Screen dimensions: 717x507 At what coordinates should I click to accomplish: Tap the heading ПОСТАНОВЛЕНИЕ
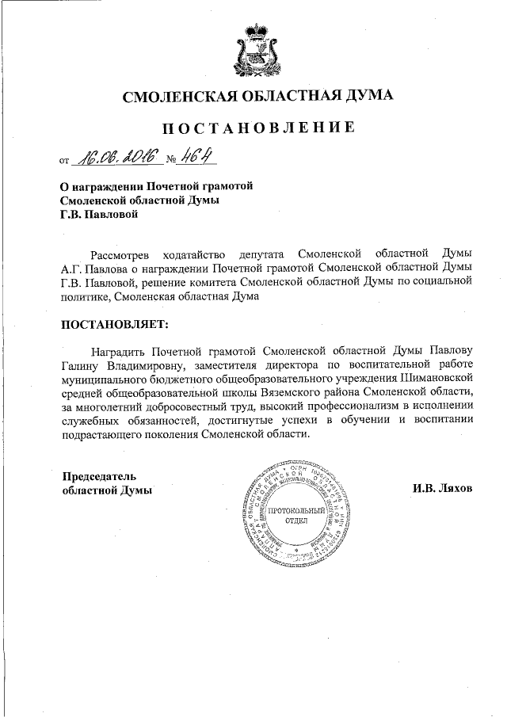coord(258,128)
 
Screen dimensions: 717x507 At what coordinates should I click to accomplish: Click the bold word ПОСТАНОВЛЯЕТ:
coord(115,324)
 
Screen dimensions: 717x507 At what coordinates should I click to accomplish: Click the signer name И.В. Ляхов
coord(441,489)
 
